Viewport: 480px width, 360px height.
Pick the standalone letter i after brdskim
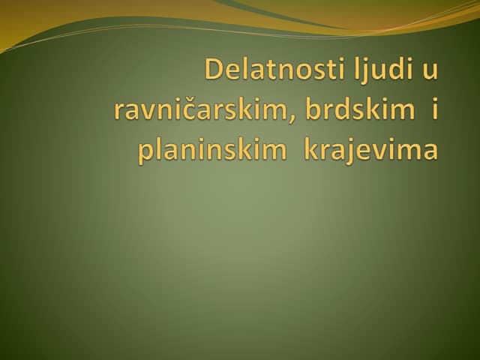433,109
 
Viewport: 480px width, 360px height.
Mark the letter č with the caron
190,111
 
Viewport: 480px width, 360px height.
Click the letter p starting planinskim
145,152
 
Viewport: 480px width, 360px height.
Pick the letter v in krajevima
377,151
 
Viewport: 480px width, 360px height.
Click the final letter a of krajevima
428,151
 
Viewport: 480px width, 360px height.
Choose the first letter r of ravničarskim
119,112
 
